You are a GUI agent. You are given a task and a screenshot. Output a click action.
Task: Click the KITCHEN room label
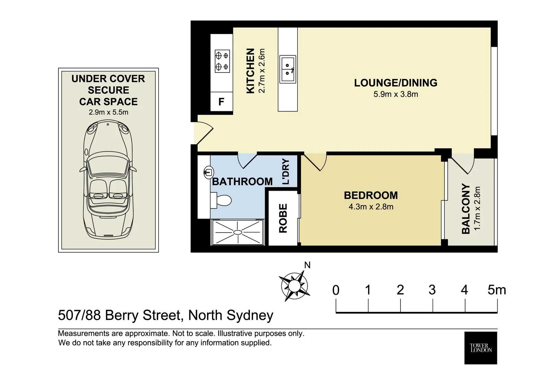pos(251,71)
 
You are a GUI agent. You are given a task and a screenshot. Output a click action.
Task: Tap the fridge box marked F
pos(221,102)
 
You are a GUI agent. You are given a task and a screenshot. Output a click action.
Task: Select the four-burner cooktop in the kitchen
pos(222,61)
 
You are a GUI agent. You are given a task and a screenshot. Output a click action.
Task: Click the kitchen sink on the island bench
pos(288,69)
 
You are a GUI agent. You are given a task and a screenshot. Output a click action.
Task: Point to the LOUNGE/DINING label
pos(395,83)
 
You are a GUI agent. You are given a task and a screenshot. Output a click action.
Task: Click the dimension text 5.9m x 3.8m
pos(395,94)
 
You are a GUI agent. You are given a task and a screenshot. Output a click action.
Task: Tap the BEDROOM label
pos(371,195)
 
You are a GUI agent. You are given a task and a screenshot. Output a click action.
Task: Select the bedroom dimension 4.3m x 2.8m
pos(371,207)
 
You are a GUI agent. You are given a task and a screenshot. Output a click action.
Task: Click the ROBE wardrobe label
pos(283,218)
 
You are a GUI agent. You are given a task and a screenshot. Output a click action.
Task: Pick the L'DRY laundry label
pos(286,172)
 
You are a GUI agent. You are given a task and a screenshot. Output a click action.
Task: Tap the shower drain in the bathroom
pos(238,233)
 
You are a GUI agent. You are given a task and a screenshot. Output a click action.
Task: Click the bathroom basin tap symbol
pos(208,172)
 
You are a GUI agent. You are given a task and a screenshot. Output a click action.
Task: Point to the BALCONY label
pos(466,209)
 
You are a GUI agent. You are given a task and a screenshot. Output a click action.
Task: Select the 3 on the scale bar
pos(432,290)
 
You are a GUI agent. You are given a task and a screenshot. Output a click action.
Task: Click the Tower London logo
pos(480,348)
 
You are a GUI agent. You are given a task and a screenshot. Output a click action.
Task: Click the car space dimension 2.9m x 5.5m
pos(108,112)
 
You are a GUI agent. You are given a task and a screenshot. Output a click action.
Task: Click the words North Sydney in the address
pos(231,315)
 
